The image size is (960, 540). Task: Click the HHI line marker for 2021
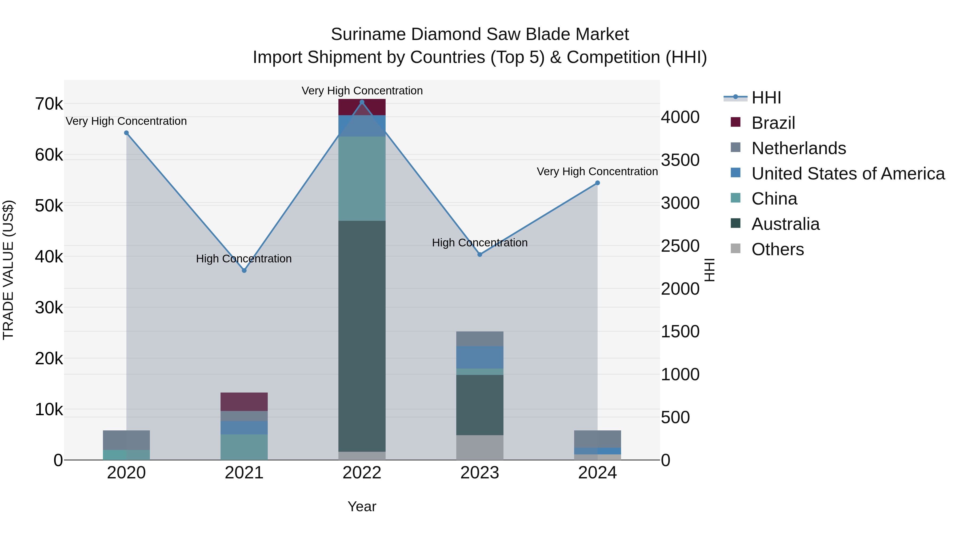pyautogui.click(x=244, y=271)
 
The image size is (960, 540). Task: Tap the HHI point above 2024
pyautogui.click(x=597, y=183)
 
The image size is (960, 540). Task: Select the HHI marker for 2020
pyautogui.click(x=126, y=133)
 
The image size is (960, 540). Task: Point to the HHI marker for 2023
pyautogui.click(x=480, y=255)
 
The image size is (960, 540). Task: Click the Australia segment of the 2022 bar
pyautogui.click(x=362, y=335)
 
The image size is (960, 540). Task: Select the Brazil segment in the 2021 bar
pyautogui.click(x=244, y=402)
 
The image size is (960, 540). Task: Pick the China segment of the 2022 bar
pyautogui.click(x=362, y=179)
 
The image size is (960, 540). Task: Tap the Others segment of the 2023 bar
pyautogui.click(x=480, y=447)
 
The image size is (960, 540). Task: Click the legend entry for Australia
pyautogui.click(x=785, y=224)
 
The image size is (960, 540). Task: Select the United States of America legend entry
pyautogui.click(x=848, y=174)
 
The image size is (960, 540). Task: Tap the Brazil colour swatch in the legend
pyautogui.click(x=735, y=122)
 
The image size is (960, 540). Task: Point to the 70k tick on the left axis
pyautogui.click(x=49, y=104)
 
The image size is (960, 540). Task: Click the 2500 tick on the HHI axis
pyautogui.click(x=680, y=246)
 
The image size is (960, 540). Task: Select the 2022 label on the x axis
pyautogui.click(x=362, y=473)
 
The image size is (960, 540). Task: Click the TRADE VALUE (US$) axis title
pyautogui.click(x=9, y=270)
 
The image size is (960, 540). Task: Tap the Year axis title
pyautogui.click(x=362, y=506)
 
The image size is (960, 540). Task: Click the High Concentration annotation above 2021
pyautogui.click(x=244, y=259)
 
